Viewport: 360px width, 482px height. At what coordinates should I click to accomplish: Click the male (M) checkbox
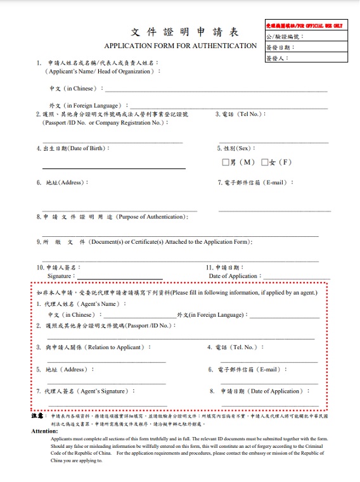click(226, 162)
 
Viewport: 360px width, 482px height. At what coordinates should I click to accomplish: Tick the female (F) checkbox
click(265, 162)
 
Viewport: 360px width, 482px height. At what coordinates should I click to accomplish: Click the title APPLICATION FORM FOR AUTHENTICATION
click(181, 46)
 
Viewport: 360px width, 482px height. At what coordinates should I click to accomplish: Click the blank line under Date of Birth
click(114, 168)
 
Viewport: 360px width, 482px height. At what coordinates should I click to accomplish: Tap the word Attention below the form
click(44, 431)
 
